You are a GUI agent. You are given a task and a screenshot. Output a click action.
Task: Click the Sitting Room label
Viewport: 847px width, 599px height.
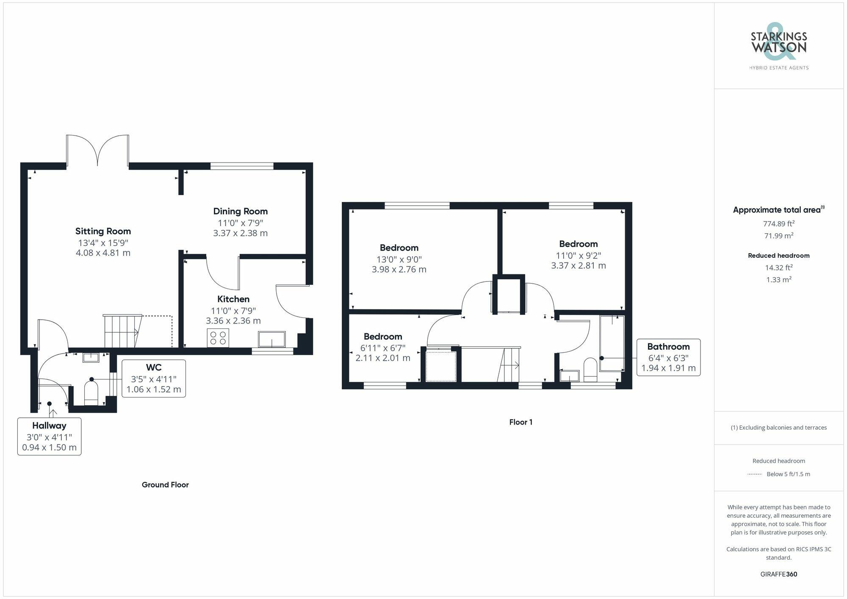tap(103, 231)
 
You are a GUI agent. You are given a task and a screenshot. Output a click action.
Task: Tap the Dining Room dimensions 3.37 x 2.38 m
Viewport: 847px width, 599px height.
tap(240, 233)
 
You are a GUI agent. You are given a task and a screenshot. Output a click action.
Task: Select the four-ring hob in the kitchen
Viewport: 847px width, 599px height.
tap(218, 338)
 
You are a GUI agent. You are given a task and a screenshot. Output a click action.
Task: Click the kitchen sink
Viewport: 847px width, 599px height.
tap(271, 340)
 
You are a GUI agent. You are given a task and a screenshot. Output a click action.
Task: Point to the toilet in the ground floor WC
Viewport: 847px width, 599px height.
tap(91, 393)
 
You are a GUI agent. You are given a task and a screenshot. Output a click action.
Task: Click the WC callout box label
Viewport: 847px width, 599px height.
tap(154, 367)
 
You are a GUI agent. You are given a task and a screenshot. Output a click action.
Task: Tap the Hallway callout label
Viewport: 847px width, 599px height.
tap(49, 426)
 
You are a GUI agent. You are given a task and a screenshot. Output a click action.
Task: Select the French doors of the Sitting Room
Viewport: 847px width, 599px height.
tap(98, 151)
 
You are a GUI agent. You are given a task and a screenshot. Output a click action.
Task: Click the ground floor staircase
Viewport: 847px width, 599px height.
tap(122, 331)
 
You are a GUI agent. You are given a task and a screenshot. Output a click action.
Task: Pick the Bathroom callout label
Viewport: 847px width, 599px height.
tap(668, 347)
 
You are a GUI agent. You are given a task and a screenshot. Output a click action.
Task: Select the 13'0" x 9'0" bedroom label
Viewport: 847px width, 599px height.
tap(399, 248)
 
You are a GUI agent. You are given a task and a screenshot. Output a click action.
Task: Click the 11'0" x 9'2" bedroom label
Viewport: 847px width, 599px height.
tap(578, 244)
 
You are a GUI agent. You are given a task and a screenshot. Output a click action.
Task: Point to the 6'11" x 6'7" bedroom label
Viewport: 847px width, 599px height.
tap(383, 337)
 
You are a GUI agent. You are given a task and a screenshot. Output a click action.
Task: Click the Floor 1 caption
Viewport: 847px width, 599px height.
tap(520, 422)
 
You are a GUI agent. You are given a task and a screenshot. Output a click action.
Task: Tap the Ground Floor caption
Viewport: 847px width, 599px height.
tap(165, 485)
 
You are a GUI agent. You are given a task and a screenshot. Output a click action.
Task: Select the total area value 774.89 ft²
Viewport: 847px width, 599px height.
tap(778, 224)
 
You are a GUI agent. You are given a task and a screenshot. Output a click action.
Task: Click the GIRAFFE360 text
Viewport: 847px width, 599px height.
tap(778, 574)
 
